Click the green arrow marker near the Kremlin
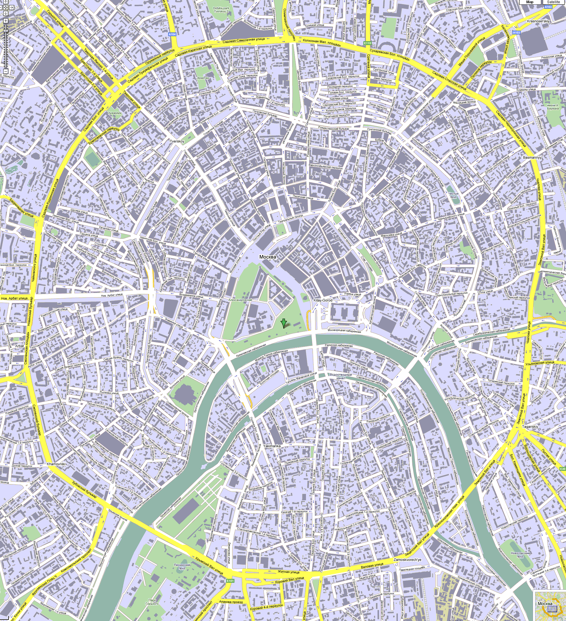[284, 323]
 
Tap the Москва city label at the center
[267, 257]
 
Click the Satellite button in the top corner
[553, 2]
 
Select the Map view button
[530, 2]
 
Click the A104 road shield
[173, 34]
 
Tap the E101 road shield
[230, 581]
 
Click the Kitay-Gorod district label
[323, 300]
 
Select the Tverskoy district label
[177, 141]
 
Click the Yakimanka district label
[272, 446]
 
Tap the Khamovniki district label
[56, 463]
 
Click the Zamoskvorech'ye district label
[407, 560]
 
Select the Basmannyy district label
[532, 158]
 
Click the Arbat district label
[19, 346]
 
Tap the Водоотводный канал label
[341, 376]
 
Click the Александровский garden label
[240, 300]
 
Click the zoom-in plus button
[6, 21]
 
